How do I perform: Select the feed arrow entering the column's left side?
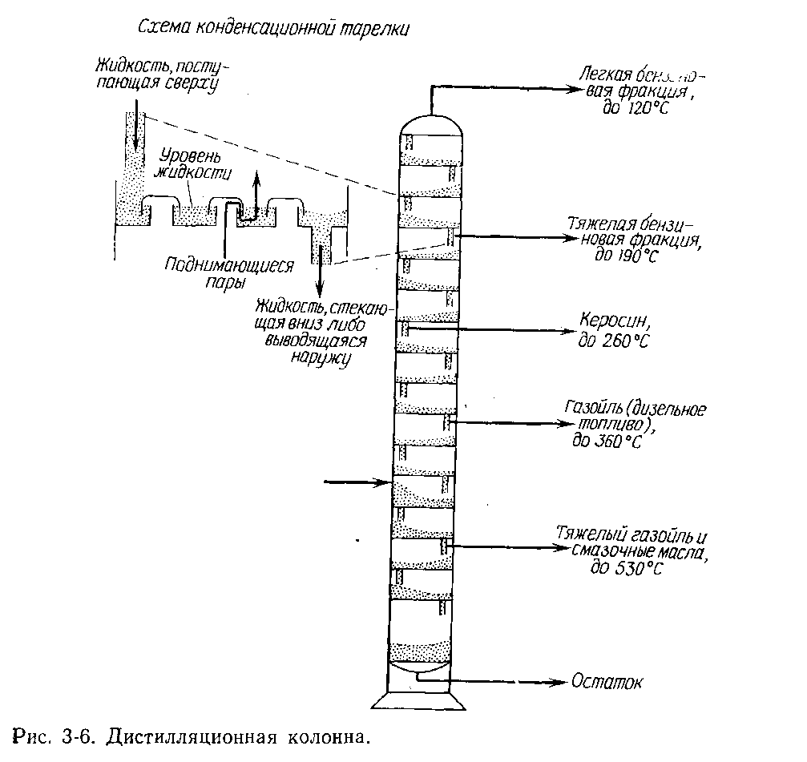tap(381, 482)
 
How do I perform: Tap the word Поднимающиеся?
tap(229, 265)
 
